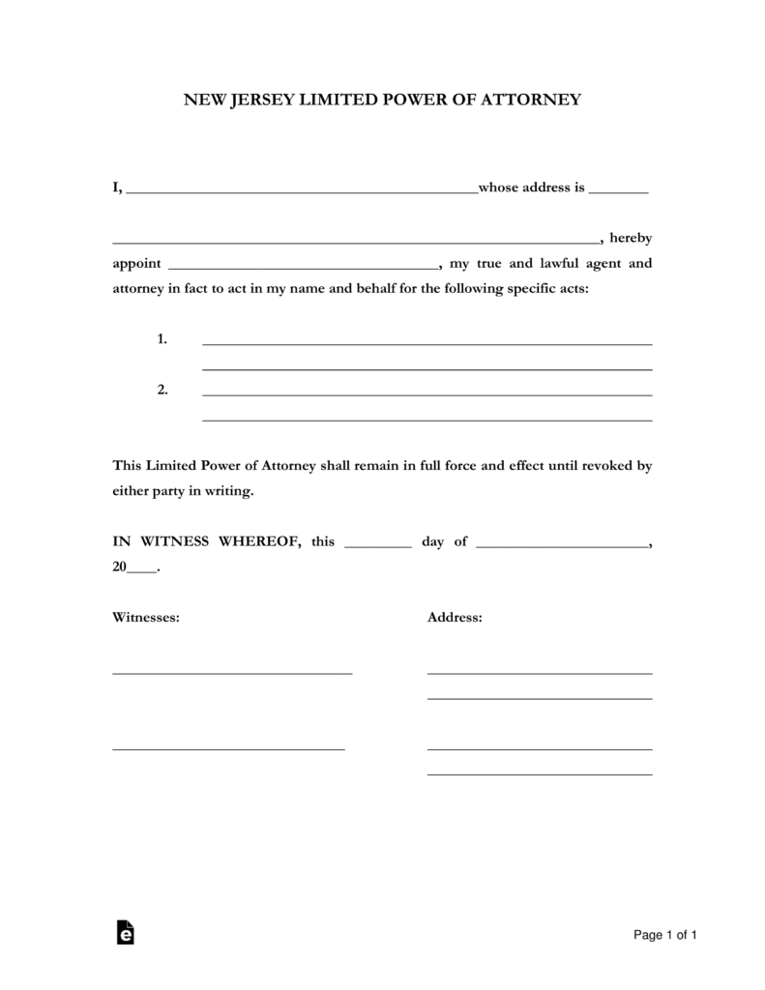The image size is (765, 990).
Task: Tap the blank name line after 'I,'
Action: point(302,191)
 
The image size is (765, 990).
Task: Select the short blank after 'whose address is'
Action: point(618,191)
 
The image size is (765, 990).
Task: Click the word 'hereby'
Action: point(631,239)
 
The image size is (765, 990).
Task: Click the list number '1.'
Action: point(162,339)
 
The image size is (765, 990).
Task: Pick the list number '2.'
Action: point(162,390)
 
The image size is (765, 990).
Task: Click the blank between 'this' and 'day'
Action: point(377,545)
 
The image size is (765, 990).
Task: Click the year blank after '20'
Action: point(141,571)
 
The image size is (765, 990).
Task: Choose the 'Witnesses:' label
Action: point(146,617)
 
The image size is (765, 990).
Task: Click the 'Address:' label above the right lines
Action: point(455,617)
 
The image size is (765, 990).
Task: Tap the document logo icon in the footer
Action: point(125,932)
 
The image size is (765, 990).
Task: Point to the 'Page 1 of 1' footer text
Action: point(665,935)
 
